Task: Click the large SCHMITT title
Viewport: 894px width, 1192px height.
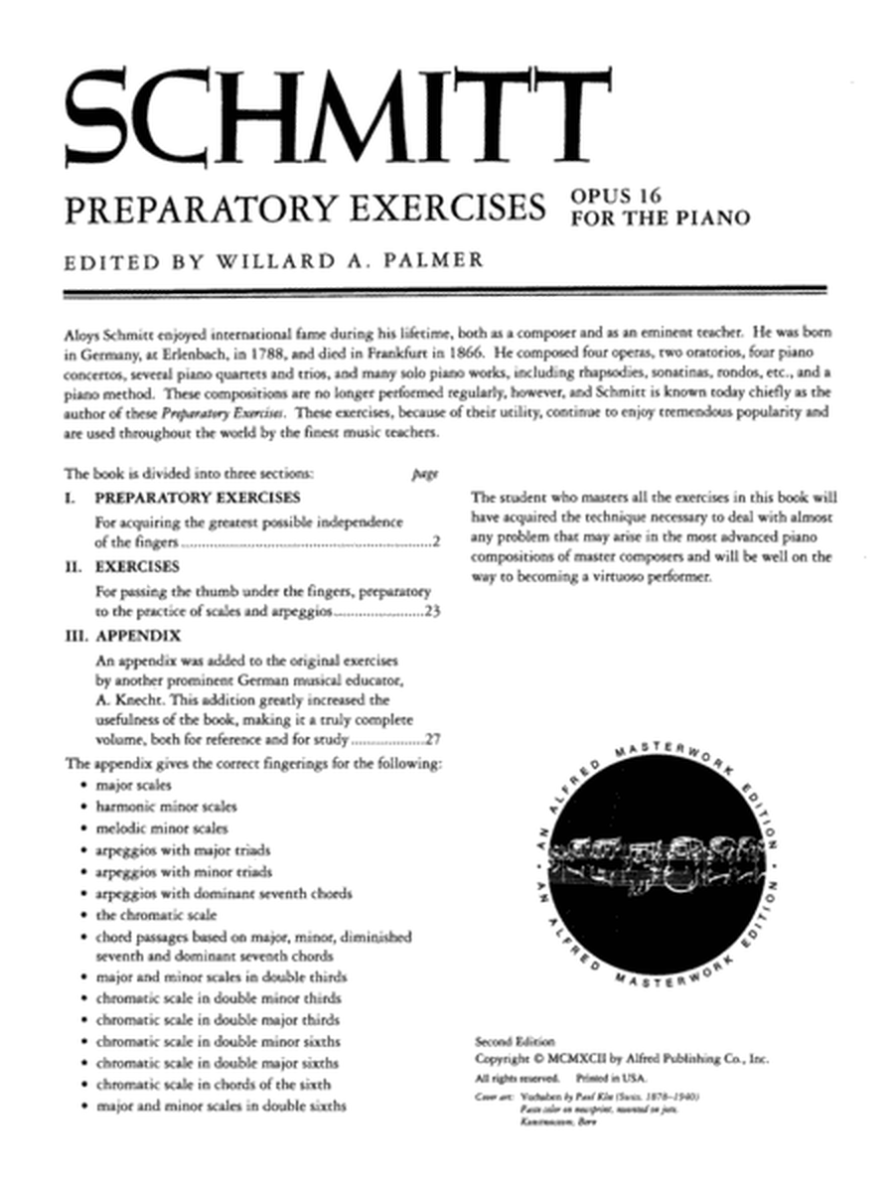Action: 333,112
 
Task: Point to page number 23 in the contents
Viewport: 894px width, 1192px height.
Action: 431,612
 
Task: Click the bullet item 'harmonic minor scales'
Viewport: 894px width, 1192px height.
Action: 166,806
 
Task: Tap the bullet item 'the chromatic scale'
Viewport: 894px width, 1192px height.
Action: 156,914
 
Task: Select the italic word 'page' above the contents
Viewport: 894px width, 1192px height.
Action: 424,474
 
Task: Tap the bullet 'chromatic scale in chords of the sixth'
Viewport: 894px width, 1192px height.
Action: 214,1084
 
